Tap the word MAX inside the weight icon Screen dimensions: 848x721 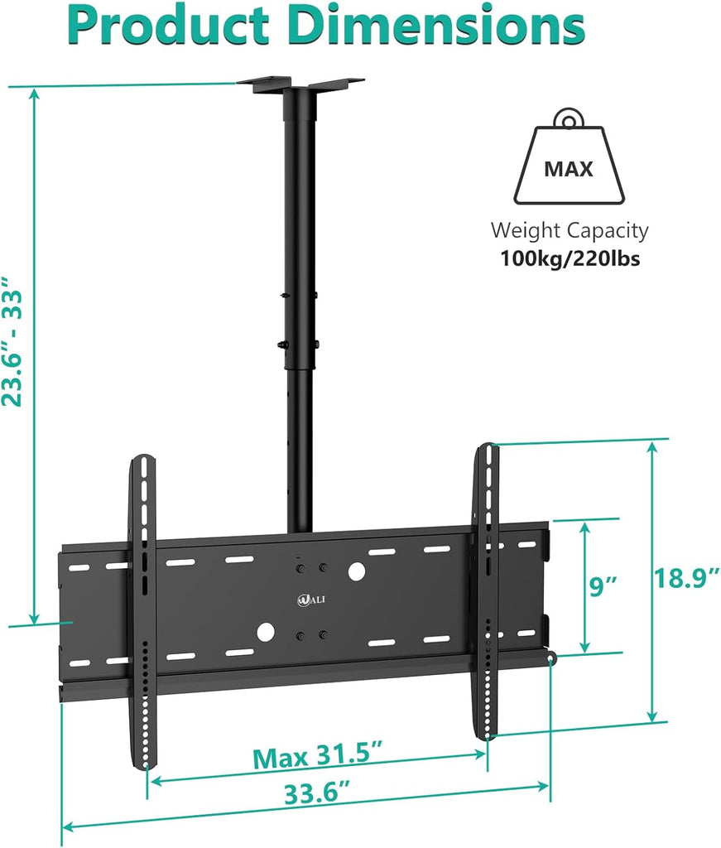(x=568, y=170)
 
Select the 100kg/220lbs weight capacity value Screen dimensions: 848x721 (x=569, y=258)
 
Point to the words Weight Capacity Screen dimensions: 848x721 (x=570, y=230)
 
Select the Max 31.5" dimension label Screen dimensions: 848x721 (x=318, y=757)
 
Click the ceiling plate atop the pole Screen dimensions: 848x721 (x=300, y=84)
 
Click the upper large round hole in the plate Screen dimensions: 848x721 (x=357, y=571)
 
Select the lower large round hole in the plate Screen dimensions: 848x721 (x=265, y=632)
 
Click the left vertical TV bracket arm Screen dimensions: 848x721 (x=143, y=613)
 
